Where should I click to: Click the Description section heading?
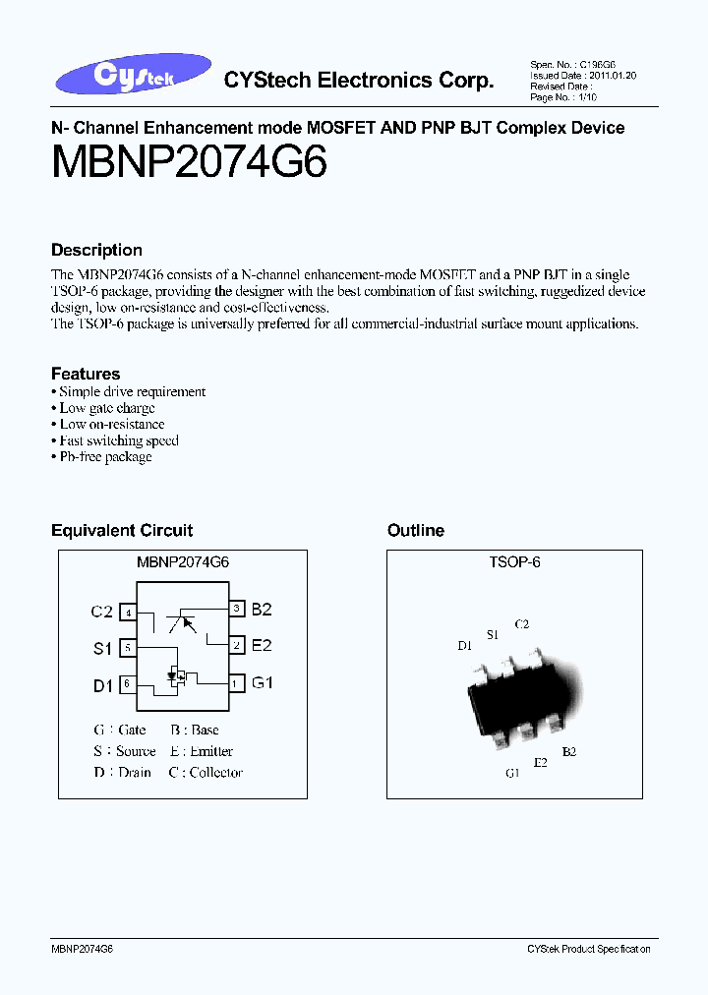click(x=96, y=250)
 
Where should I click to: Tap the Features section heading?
click(x=86, y=374)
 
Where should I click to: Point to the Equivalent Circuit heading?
click(x=122, y=530)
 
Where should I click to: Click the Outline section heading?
click(x=416, y=530)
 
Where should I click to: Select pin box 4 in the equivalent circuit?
click(x=127, y=613)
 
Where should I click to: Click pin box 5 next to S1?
click(x=127, y=648)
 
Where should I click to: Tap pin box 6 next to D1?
click(x=127, y=684)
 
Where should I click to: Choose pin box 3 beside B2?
click(x=237, y=610)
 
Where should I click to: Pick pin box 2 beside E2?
click(x=237, y=646)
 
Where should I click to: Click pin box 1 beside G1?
click(x=237, y=682)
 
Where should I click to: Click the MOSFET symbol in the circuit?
click(x=177, y=676)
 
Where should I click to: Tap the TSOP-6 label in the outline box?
click(x=514, y=562)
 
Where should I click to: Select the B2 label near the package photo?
click(x=569, y=751)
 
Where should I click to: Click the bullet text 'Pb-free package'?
click(x=105, y=457)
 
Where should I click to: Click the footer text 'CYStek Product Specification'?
click(x=588, y=949)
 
